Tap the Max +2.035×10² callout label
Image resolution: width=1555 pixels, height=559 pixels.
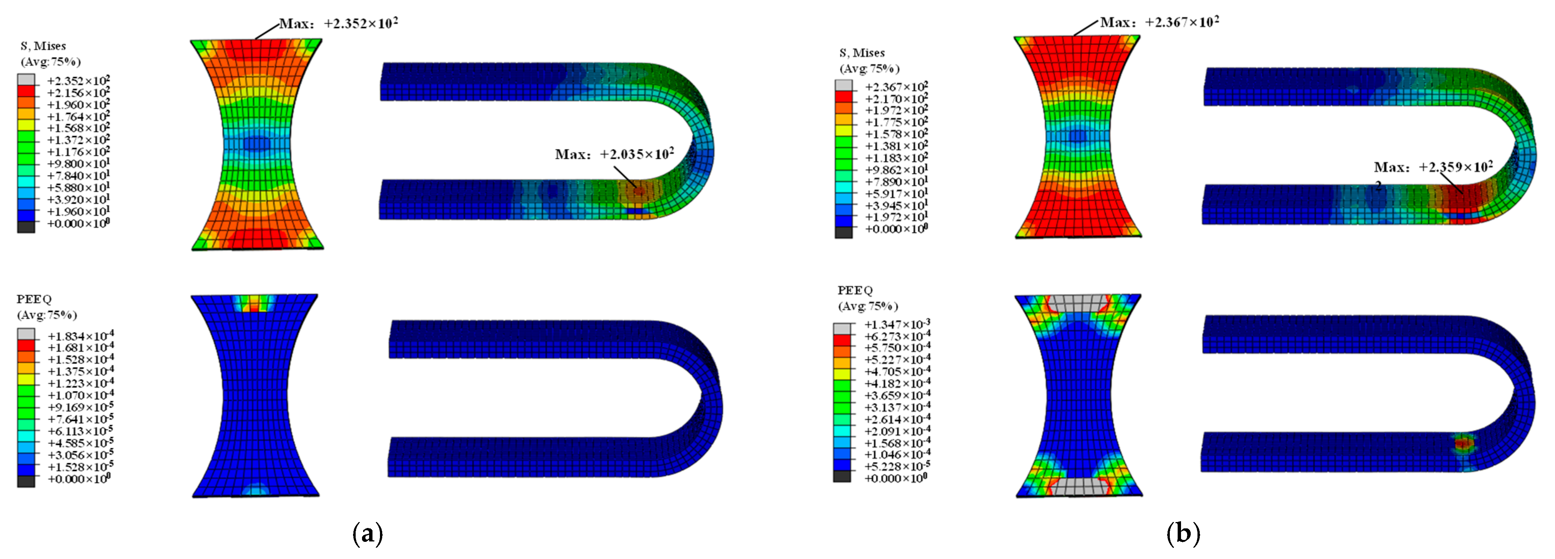(x=614, y=154)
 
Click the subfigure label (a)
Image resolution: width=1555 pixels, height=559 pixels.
(x=367, y=533)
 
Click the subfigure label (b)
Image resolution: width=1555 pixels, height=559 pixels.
(x=1183, y=533)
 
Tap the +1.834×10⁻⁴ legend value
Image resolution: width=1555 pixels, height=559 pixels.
(x=81, y=336)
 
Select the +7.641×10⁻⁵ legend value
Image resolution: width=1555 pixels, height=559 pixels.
(x=81, y=419)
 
